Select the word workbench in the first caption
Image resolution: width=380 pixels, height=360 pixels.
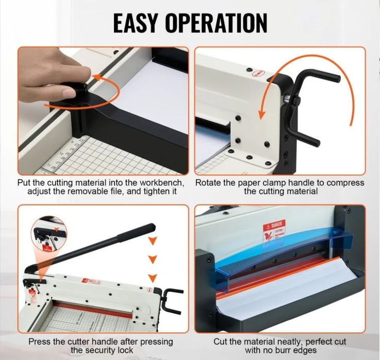click(x=157, y=183)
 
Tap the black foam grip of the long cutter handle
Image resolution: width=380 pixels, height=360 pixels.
click(x=136, y=233)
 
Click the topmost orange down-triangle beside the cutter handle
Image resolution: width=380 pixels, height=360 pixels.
click(x=152, y=241)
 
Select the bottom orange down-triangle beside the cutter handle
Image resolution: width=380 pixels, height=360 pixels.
click(x=152, y=279)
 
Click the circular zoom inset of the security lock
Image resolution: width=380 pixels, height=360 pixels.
click(x=48, y=235)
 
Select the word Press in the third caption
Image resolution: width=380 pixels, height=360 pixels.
click(x=40, y=341)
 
